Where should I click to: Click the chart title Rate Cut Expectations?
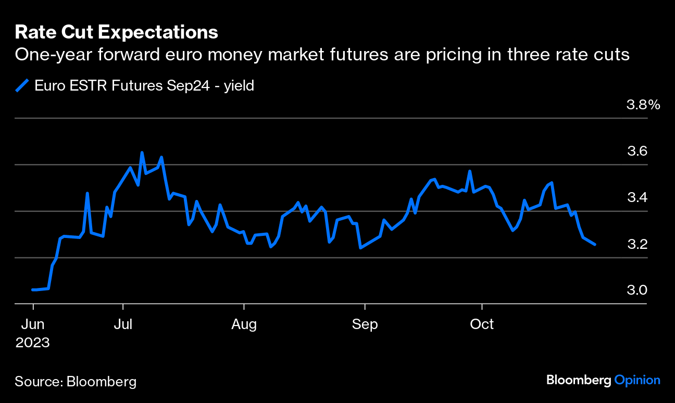116,32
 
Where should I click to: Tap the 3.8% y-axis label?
643,105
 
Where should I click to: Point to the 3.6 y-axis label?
636,152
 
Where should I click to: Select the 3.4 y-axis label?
636,198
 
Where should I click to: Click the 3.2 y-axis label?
636,244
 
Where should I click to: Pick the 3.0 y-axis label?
636,290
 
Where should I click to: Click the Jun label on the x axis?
33,324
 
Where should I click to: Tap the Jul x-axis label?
123,324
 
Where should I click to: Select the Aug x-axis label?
244,324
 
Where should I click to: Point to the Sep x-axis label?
365,324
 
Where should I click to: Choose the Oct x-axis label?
482,324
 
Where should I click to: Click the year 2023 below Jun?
33,343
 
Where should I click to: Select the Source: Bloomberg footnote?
76,382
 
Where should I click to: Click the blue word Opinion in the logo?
637,380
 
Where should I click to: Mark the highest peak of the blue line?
142,153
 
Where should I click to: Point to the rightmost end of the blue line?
595,244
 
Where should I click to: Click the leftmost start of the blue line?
33,289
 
